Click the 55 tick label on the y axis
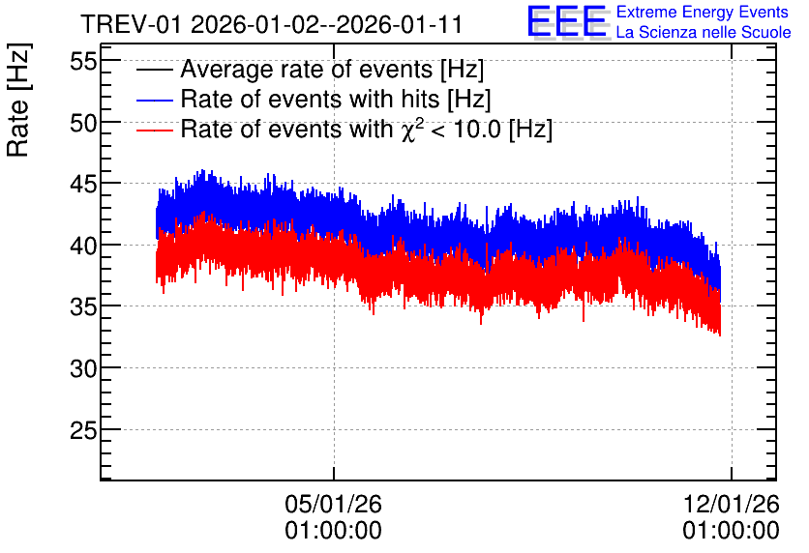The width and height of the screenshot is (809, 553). pyautogui.click(x=83, y=62)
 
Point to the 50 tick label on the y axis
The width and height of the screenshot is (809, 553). pyautogui.click(x=83, y=123)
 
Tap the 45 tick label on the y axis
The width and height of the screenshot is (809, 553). pyautogui.click(x=83, y=184)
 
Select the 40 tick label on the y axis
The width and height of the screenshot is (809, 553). pyautogui.click(x=83, y=246)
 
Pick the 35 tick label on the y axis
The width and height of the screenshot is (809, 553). pyautogui.click(x=83, y=306)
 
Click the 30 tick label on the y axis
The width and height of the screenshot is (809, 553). pyautogui.click(x=83, y=368)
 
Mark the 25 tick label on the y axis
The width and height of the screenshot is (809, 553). pyautogui.click(x=83, y=430)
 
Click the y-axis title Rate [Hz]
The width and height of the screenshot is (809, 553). pyautogui.click(x=18, y=101)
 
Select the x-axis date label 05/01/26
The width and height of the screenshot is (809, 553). pyautogui.click(x=333, y=504)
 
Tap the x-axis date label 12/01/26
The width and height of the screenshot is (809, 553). pyautogui.click(x=731, y=504)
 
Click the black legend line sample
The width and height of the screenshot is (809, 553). pyautogui.click(x=154, y=70)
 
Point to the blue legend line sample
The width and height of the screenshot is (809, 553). pyautogui.click(x=154, y=100)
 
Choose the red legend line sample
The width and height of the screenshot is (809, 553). pyautogui.click(x=154, y=130)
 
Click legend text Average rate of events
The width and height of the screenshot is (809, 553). pyautogui.click(x=307, y=69)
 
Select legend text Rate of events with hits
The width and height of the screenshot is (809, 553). pyautogui.click(x=310, y=99)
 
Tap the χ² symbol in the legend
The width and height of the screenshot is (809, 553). pyautogui.click(x=409, y=129)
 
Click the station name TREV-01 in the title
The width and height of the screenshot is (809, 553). pyautogui.click(x=131, y=24)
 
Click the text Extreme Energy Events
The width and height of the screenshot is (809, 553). pyautogui.click(x=703, y=12)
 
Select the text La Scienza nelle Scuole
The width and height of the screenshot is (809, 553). pyautogui.click(x=704, y=32)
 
